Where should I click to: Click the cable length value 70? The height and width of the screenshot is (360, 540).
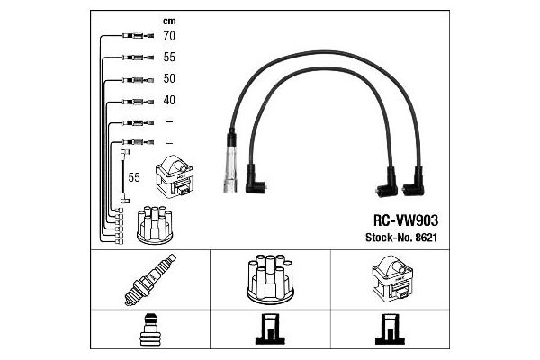pos(169,37)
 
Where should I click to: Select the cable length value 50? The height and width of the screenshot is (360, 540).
pos(169,79)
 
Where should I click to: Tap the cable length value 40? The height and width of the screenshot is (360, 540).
pos(169,101)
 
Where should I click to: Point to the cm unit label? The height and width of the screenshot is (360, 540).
pos(169,20)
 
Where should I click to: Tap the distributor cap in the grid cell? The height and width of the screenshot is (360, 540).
pos(268,281)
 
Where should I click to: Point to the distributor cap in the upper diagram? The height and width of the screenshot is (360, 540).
pos(154,226)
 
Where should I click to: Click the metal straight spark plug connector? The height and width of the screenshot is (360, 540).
pos(231,166)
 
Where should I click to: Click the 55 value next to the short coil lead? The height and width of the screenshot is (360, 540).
pos(134,177)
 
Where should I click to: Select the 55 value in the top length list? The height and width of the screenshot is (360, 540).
pos(169,58)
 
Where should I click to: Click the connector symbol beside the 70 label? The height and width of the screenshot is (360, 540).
pos(133,37)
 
